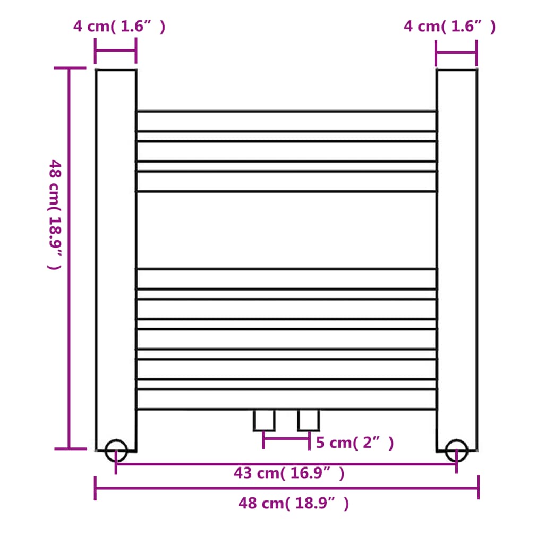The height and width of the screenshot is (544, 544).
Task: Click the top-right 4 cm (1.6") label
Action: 449,27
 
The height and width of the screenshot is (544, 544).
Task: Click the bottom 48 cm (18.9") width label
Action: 293,503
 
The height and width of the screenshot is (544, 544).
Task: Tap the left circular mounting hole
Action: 116,450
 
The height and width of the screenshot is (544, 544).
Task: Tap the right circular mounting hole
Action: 456,450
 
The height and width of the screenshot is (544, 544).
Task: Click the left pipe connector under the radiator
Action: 264,420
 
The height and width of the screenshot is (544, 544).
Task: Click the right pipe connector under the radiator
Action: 309,420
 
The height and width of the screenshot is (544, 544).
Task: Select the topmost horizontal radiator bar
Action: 286,121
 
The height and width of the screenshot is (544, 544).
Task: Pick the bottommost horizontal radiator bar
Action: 286,399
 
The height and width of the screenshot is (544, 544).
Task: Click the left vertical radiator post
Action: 116,255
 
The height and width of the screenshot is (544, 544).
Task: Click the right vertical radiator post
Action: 456,255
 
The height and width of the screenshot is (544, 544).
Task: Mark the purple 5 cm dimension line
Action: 286,439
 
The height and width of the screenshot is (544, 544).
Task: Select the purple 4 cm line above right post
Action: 456,53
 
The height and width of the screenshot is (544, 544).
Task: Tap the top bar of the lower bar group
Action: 286,279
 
